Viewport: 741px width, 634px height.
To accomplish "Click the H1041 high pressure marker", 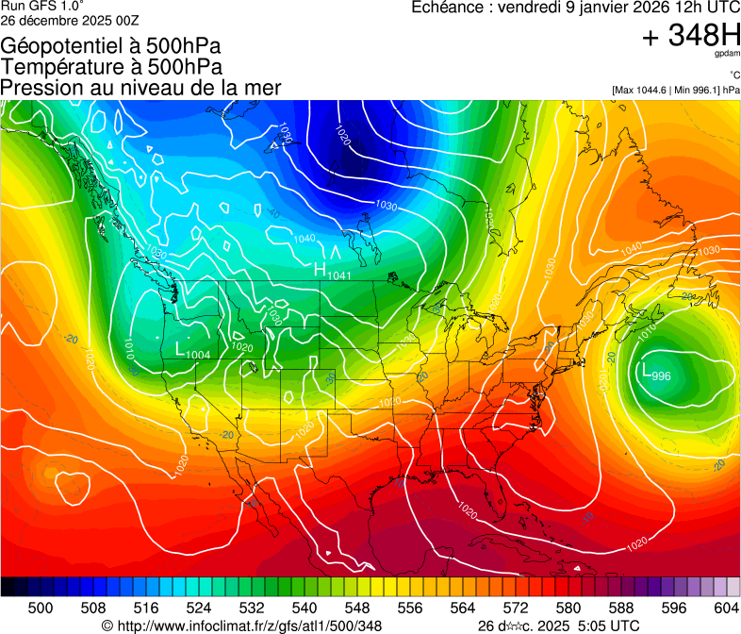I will [332, 272].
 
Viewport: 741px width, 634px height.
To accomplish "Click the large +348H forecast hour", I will [691, 37].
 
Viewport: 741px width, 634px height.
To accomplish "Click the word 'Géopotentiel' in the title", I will [62, 45].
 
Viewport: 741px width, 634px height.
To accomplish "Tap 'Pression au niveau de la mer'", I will [140, 88].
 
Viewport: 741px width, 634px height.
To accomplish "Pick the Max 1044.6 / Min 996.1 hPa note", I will [676, 91].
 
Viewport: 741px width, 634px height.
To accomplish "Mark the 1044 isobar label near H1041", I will [305, 240].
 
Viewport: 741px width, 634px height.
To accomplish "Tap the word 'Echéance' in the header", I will [448, 8].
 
